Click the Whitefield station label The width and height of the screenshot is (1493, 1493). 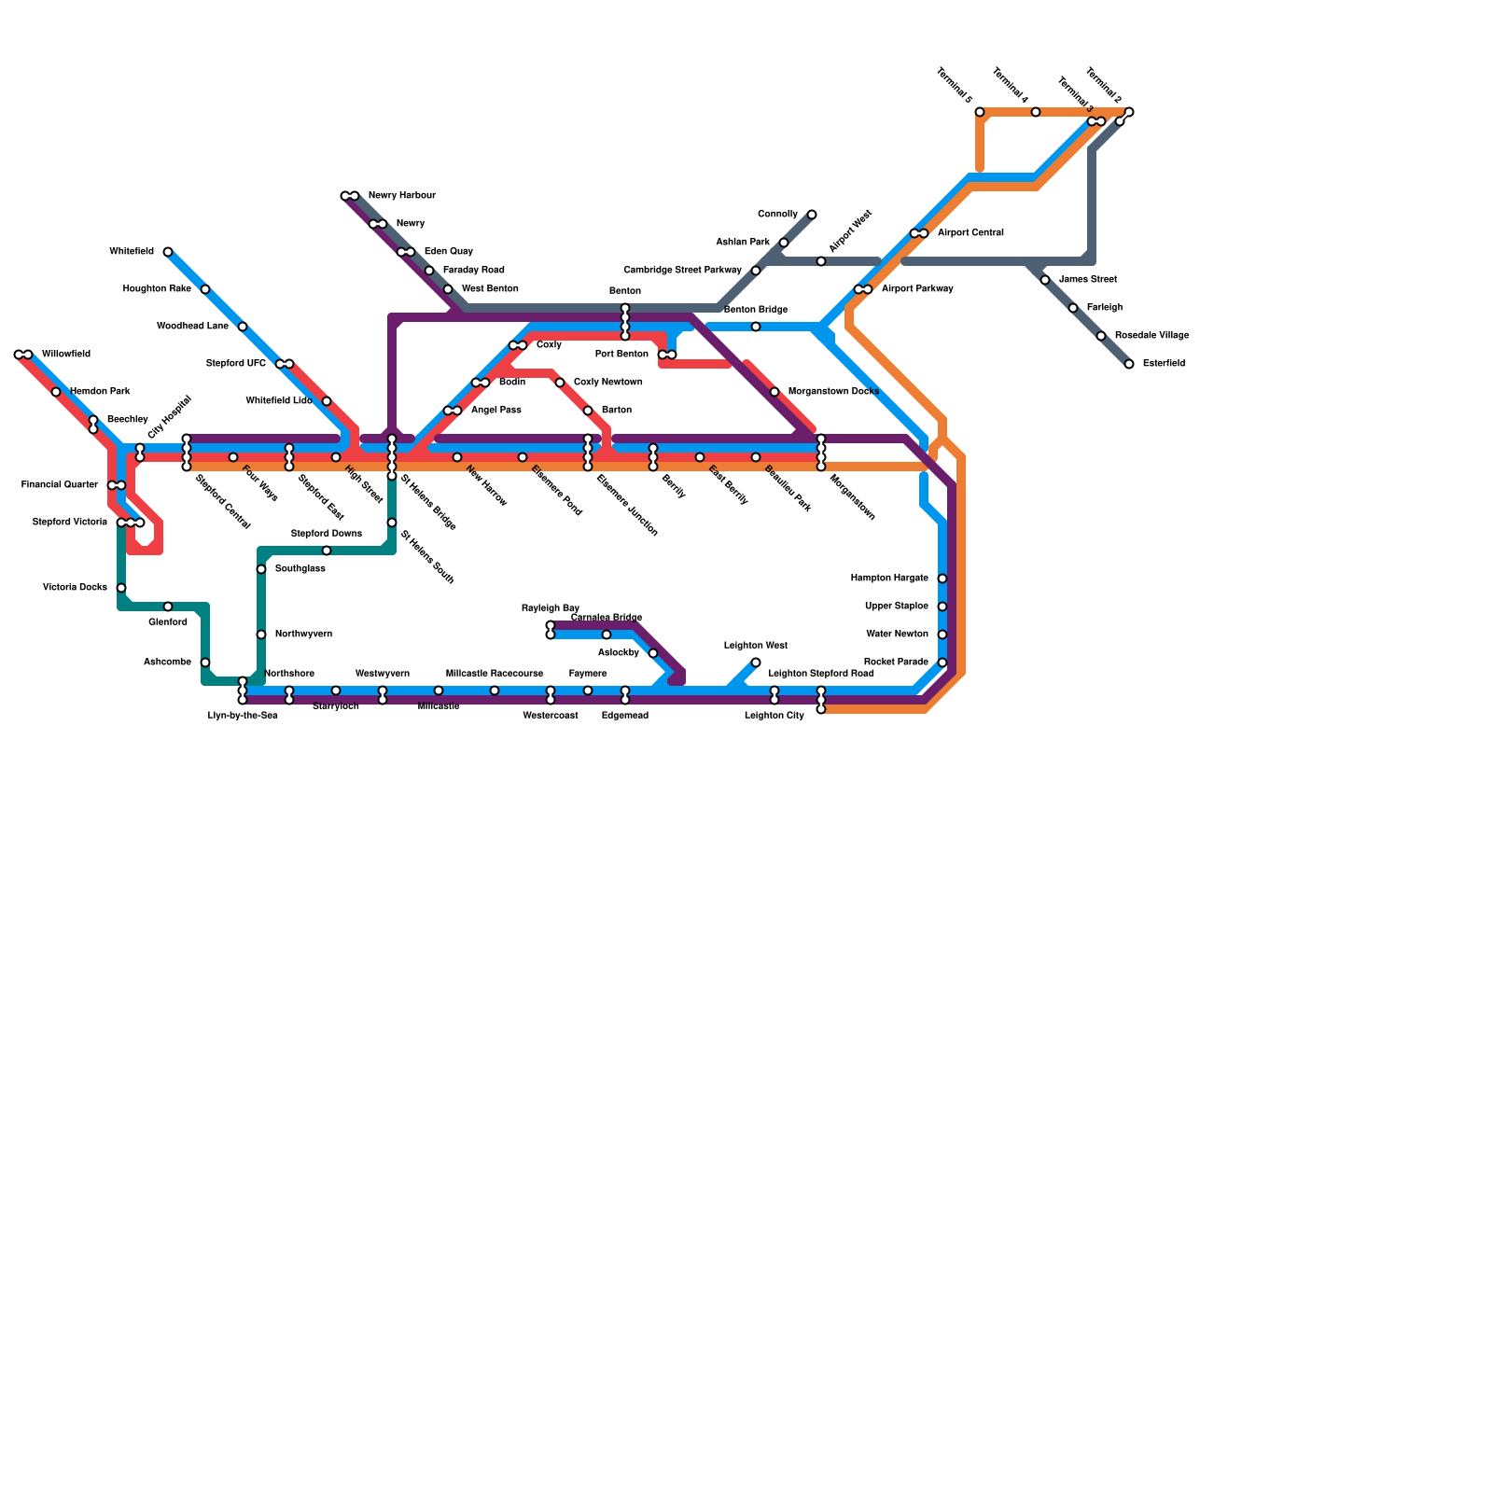132,252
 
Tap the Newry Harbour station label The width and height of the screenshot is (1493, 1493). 401,196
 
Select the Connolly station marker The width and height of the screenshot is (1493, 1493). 812,215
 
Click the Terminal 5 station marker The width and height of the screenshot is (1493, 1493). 980,112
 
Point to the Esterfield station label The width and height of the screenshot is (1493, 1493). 1164,364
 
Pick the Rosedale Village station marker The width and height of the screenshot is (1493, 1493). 1101,336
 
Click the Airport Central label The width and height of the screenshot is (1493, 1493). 970,233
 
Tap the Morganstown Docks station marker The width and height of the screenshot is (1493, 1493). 774,392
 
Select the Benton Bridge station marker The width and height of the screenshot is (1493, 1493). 756,327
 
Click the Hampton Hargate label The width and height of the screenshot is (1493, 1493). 889,579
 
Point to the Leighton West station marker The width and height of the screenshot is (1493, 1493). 756,663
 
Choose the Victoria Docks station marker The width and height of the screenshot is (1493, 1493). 121,588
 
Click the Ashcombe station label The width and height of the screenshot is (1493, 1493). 167,663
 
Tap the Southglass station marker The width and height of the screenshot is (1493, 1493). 261,569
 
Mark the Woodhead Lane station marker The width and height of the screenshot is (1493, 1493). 243,327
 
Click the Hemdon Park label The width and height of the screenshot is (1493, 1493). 100,392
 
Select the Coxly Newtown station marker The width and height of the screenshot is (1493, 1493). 560,383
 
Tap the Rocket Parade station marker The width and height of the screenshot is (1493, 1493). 942,663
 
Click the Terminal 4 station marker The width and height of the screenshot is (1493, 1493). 1036,112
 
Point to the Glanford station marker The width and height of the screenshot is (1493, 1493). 168,607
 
